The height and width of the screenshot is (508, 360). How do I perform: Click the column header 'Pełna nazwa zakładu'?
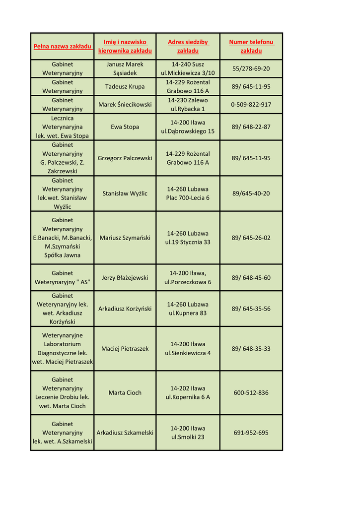click(x=63, y=47)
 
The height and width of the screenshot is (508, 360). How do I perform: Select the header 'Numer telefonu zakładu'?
click(x=251, y=47)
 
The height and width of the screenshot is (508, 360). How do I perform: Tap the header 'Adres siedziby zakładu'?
click(x=188, y=47)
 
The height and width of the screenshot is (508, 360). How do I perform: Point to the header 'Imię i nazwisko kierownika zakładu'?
click(x=125, y=47)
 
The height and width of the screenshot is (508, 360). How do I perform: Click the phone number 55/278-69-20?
click(x=251, y=68)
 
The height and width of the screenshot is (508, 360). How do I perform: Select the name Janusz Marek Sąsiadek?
click(x=125, y=68)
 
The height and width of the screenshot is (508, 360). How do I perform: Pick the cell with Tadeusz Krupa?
click(x=125, y=86)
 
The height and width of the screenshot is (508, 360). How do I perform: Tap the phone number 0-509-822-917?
click(x=251, y=105)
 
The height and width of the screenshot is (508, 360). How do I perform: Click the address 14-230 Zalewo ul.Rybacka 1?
click(x=188, y=105)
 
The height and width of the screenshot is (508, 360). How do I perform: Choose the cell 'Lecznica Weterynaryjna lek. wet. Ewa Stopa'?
click(x=63, y=127)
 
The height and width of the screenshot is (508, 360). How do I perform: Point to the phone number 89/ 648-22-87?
click(x=251, y=127)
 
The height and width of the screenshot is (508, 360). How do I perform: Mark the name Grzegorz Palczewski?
click(x=125, y=158)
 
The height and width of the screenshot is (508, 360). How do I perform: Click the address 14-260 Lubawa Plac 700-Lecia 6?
click(x=188, y=193)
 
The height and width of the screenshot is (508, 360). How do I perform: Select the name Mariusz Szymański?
click(x=125, y=238)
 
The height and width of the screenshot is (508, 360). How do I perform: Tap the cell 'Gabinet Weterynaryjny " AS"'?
click(x=63, y=278)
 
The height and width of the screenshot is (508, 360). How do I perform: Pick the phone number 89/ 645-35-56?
click(x=251, y=309)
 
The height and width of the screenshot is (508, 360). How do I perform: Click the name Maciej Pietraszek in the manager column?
click(x=125, y=349)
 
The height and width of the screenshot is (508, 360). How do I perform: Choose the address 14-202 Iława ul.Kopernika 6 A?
click(x=188, y=393)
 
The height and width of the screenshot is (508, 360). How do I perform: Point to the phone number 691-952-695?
click(x=251, y=433)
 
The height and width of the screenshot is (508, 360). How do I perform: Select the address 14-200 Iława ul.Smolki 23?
click(x=188, y=433)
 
